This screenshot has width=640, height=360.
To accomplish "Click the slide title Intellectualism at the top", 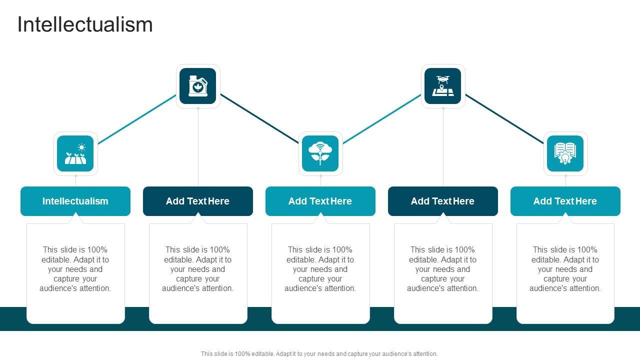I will coord(85,24).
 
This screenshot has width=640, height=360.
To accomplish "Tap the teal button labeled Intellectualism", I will coord(75,201).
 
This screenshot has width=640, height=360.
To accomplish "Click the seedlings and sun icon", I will coord(75,153).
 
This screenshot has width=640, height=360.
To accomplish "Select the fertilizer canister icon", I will coord(198,86).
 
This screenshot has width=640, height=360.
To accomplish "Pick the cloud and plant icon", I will coord(320,153).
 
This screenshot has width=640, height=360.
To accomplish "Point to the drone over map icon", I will coord(443,86).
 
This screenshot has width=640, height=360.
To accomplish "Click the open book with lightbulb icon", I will coord(565,153).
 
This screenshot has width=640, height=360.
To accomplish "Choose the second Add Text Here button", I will coord(198,201).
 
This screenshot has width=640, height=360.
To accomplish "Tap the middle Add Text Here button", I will coord(320,201).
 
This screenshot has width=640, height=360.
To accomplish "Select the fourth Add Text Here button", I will coord(443,201).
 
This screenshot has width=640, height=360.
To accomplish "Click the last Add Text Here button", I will coord(565,201).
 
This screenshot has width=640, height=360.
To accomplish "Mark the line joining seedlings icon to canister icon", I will coord(137,119).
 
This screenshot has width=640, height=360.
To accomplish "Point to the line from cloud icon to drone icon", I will coord(382,119).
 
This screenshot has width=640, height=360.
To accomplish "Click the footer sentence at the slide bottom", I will coord(319,353).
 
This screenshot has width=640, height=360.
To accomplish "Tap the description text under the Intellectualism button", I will coord(75,269).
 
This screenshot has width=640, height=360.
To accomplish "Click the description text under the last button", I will coord(565,269).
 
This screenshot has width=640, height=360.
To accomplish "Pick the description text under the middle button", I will coord(320,269).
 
